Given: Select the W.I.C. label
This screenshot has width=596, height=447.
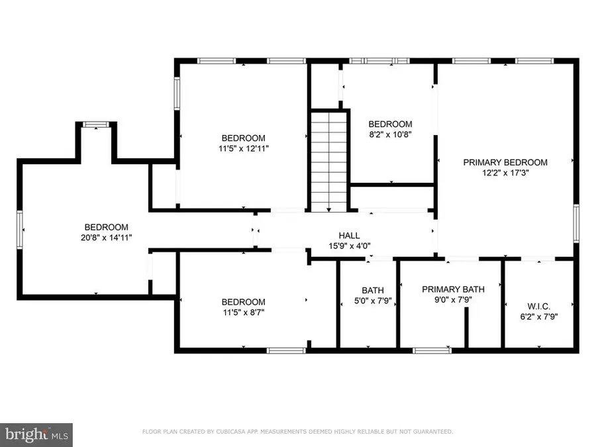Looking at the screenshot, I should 538,306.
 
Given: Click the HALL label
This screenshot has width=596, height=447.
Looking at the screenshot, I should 349,235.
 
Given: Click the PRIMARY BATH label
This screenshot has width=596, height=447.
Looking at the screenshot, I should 454,289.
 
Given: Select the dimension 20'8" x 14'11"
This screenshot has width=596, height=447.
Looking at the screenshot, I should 106,237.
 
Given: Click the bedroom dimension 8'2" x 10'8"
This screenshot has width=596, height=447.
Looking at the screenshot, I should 390,135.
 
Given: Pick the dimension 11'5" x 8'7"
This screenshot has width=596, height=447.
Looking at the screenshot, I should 243,313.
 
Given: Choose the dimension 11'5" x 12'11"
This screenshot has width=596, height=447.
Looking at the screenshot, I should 243,148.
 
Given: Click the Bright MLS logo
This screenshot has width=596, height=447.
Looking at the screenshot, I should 36,434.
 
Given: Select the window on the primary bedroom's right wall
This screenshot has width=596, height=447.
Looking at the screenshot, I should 576,224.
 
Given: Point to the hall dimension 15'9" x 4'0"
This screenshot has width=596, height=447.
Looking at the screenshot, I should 349,246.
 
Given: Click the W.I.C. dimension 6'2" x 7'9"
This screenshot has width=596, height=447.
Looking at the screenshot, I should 538,317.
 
